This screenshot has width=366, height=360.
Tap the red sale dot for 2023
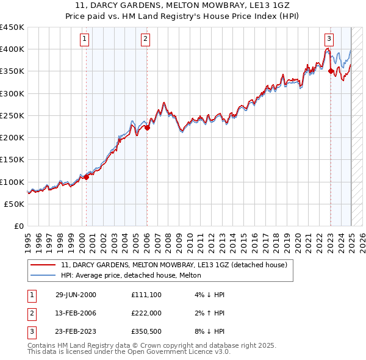(x=331, y=71)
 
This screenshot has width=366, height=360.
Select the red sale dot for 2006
(x=147, y=128)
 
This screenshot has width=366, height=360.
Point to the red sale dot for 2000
(x=86, y=177)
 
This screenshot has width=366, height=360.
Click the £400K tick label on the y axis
(x=12, y=49)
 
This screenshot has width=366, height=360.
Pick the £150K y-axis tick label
(x=12, y=160)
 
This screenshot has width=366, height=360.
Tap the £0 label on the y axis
(x=18, y=226)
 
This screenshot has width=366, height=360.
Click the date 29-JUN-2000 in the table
(x=76, y=295)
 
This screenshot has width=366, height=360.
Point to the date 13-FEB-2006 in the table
(x=76, y=314)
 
